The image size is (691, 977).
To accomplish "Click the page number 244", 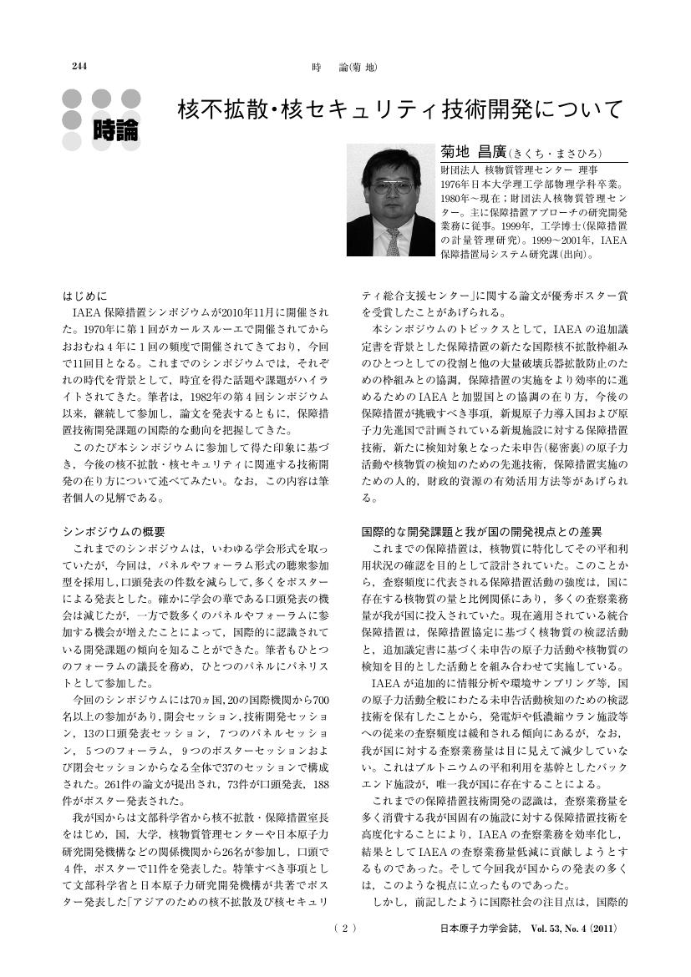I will tap(81, 67).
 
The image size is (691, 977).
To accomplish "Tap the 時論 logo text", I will tap(116, 129).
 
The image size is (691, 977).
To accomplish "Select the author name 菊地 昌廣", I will tap(473, 154).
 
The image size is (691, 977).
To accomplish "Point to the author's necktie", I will tap(393, 242).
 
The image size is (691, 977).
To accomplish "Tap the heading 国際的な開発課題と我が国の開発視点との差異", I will tap(481, 531).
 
